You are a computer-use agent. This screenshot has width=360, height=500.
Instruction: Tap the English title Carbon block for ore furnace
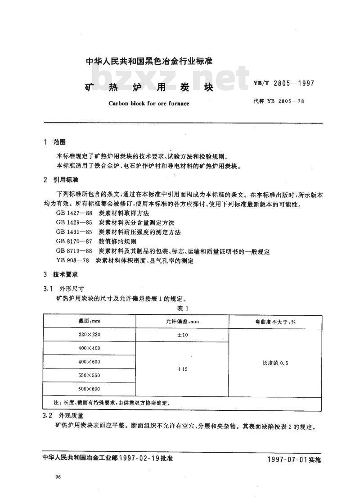[149, 103]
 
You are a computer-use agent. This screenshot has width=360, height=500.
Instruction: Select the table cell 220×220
[89, 335]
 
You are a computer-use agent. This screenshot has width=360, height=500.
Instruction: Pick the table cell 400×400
[89, 349]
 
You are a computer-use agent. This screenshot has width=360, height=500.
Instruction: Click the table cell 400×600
[89, 362]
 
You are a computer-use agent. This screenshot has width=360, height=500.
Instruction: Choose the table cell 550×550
[89, 375]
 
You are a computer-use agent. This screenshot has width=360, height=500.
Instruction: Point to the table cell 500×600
[89, 389]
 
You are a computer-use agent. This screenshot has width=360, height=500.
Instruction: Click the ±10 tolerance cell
[182, 335]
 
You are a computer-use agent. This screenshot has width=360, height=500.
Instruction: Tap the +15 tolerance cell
[182, 369]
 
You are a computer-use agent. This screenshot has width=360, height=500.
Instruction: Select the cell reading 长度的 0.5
[275, 362]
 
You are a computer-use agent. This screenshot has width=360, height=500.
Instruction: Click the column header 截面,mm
[89, 322]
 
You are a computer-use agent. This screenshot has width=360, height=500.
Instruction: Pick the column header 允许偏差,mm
[182, 322]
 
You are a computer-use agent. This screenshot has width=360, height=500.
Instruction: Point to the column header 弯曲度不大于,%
[275, 322]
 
